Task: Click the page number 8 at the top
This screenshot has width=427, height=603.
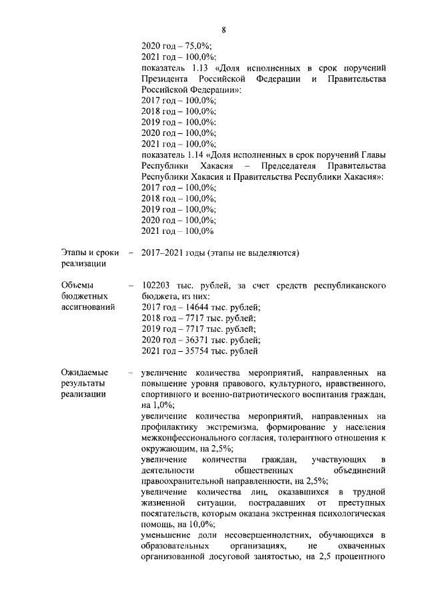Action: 224,30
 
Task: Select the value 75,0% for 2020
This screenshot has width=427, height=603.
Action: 193,47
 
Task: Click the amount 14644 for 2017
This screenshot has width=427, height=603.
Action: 192,307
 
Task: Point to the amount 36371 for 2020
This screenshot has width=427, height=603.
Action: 192,340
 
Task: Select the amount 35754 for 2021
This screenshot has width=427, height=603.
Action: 192,351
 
